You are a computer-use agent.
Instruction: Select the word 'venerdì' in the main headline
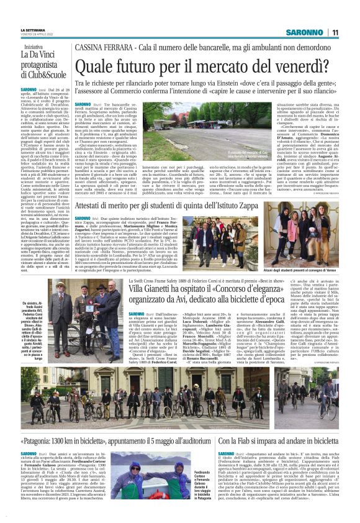click(258, 64)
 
